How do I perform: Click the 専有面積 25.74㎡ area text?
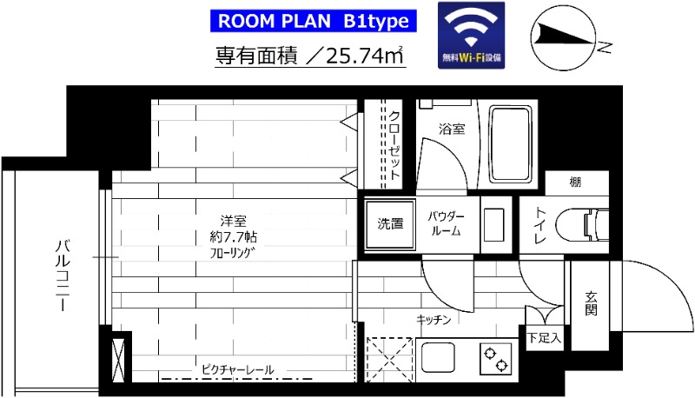311,56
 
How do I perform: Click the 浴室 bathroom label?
451,129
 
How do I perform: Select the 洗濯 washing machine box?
389,223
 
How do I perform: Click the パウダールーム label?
448,223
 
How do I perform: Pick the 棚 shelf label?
575,182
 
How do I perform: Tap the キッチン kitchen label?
434,320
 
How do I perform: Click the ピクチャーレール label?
237,370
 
